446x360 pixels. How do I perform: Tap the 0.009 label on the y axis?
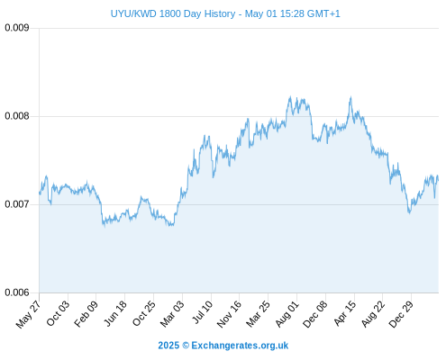point(17,28)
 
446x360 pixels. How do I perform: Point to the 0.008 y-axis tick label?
point(17,116)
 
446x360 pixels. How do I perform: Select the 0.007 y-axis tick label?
point(17,204)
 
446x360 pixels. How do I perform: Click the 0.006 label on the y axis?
point(17,292)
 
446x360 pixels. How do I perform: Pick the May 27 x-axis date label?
point(28,314)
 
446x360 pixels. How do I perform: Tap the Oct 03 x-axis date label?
point(58,313)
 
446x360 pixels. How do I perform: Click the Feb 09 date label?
point(86,314)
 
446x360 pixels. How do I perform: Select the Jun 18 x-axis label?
point(115,313)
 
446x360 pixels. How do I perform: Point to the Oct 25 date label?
point(144,313)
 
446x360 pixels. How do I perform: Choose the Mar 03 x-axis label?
point(172,314)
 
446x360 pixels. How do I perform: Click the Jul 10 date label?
point(203,312)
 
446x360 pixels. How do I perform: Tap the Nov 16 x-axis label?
point(229,314)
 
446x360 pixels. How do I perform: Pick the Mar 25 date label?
point(258,314)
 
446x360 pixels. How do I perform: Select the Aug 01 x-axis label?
point(287,314)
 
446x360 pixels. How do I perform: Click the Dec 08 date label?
point(315,314)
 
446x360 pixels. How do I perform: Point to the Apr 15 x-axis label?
point(345,313)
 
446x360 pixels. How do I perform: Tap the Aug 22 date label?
point(373,314)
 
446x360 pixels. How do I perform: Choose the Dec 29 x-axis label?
point(401,314)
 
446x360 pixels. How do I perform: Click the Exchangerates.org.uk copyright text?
point(223,346)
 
